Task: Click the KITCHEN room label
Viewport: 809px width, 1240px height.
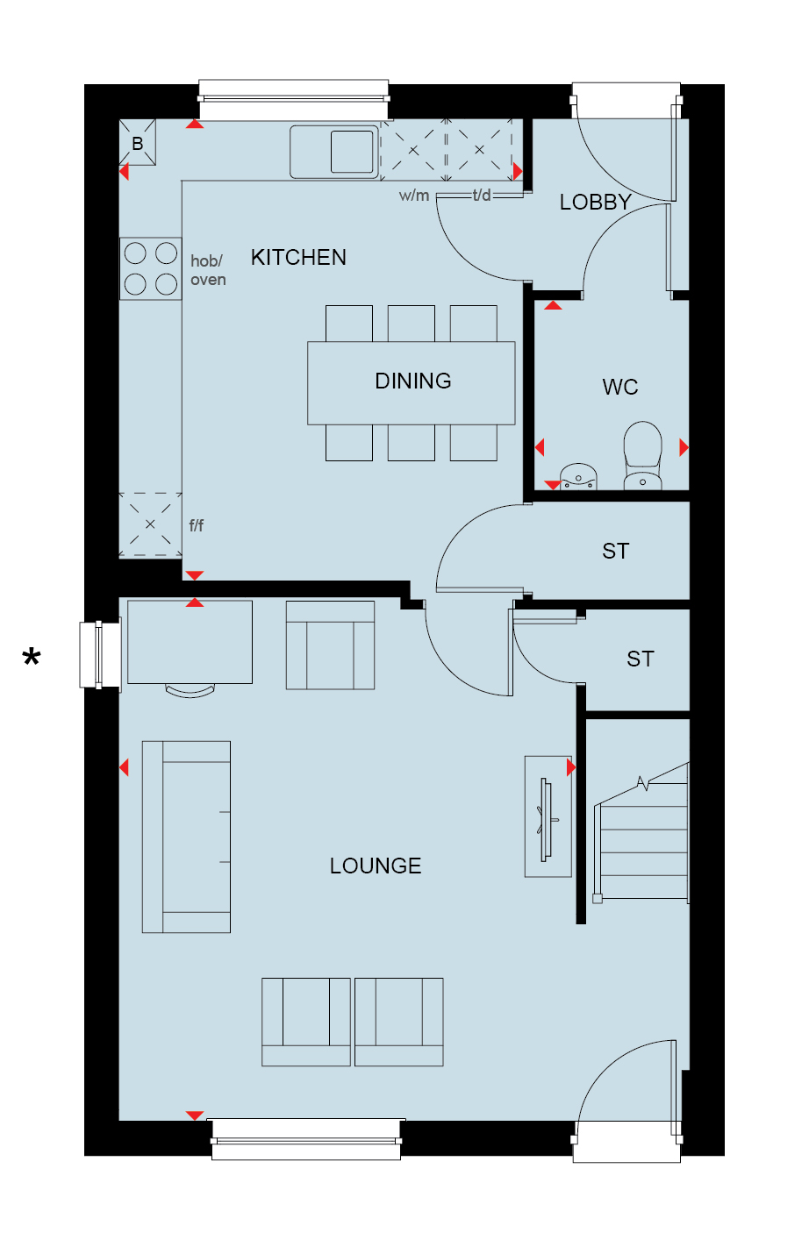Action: tap(298, 258)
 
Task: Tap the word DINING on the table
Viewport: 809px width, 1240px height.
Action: tap(413, 381)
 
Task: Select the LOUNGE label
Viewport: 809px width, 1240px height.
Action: tap(376, 866)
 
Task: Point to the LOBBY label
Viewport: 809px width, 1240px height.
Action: tap(595, 202)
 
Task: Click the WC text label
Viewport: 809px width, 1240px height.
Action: tap(620, 387)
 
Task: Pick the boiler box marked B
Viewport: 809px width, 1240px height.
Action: tap(138, 142)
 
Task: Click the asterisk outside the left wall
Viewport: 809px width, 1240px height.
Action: tap(32, 657)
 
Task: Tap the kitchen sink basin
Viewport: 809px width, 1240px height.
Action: tap(352, 151)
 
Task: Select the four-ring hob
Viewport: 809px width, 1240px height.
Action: tap(151, 268)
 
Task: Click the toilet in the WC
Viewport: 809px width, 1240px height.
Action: tap(642, 455)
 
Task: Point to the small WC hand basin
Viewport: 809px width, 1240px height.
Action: tap(578, 477)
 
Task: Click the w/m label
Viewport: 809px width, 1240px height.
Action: tap(413, 196)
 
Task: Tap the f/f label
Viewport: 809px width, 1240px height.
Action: tap(196, 524)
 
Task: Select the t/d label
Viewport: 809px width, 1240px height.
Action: tap(481, 195)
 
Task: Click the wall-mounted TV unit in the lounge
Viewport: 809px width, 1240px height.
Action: tap(548, 816)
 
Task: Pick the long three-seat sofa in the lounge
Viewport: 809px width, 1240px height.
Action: tap(186, 837)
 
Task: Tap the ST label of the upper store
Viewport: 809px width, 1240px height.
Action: tap(616, 552)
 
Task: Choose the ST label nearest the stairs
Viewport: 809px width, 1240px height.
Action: tap(641, 659)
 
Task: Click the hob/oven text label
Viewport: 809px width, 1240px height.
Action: tap(208, 270)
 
